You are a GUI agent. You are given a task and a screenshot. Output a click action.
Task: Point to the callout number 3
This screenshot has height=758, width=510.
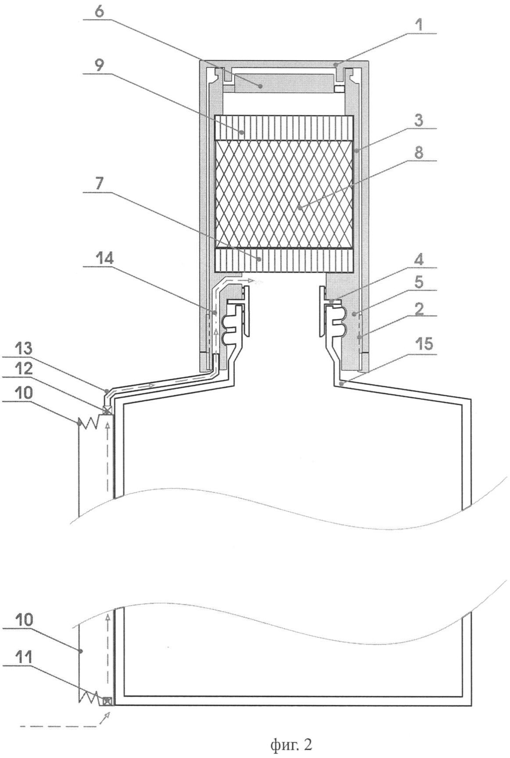[x=420, y=120]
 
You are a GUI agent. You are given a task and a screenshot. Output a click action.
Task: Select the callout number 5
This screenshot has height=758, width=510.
[x=420, y=283]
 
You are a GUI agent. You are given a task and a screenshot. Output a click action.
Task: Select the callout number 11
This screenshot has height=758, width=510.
[x=22, y=658]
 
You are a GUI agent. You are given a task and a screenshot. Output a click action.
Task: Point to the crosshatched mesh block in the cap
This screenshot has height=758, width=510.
[x=284, y=195]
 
